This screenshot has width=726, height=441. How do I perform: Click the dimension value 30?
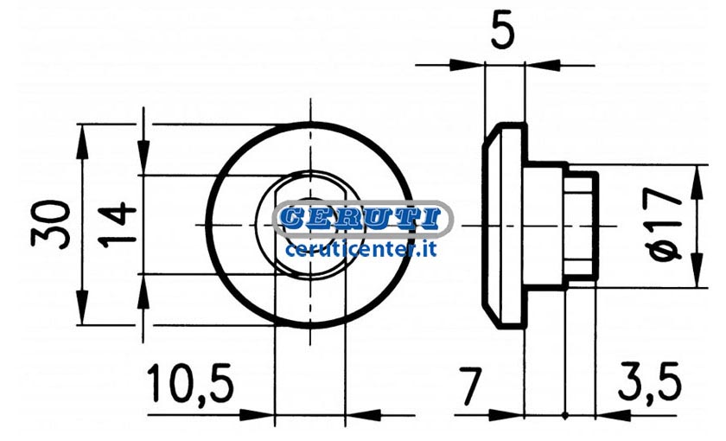point(50,224)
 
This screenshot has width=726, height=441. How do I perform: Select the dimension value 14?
point(118,224)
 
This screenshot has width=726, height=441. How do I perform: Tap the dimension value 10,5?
point(191,384)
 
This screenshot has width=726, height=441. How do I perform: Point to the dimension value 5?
point(502,30)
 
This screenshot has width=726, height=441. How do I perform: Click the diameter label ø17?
point(665,225)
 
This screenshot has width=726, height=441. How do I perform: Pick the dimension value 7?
point(470,386)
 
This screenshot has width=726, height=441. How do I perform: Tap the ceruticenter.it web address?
point(361,250)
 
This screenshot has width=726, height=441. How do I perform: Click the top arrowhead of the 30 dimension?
point(82,142)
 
